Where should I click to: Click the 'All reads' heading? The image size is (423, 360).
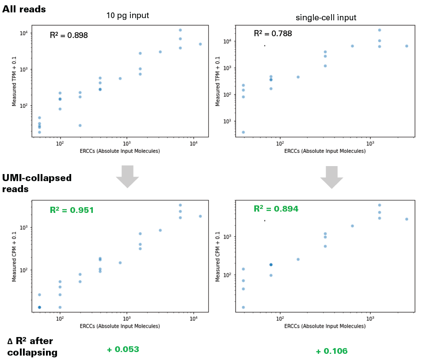pos(24,8)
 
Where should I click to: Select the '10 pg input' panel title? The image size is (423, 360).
pos(127,15)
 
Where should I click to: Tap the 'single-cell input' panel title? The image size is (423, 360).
pos(326,18)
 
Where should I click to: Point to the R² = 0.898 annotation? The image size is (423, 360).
pos(69,35)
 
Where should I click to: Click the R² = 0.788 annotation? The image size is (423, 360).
pos(272,34)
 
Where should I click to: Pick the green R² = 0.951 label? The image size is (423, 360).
pos(71,210)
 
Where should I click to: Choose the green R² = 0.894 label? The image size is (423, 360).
pos(276,208)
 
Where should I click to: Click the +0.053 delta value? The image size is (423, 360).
pos(123,349)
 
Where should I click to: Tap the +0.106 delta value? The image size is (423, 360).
pos(332,351)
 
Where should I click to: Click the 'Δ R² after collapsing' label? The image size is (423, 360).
pos(32,347)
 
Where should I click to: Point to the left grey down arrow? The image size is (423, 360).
pos(127,176)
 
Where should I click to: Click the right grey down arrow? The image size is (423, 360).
pos(332,176)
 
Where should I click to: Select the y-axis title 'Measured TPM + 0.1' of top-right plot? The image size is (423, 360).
pos(218,81)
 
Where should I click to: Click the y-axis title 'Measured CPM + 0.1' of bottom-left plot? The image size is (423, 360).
pos(14,257)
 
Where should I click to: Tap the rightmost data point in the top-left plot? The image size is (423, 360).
pos(200,44)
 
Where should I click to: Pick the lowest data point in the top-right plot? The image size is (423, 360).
pos(243,132)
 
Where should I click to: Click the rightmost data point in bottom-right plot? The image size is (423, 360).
pos(406,219)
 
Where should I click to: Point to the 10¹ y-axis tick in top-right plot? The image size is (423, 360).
pos(230,121)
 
